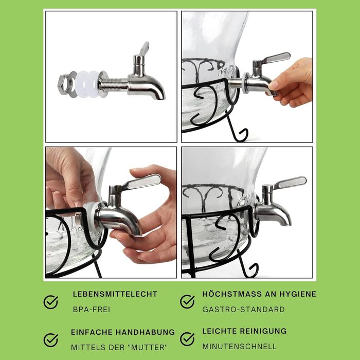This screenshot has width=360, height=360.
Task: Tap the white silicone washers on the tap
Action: click(88, 84)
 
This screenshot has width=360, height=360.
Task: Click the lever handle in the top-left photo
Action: click(144, 48)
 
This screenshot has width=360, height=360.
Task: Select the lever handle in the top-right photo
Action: click(276, 58)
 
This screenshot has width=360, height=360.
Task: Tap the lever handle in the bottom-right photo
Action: click(290, 183)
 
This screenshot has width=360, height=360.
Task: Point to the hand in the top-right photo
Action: click(291, 83)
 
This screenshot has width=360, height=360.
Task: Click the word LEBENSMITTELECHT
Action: click(115, 294)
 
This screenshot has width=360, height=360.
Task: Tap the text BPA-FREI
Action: click(92, 310)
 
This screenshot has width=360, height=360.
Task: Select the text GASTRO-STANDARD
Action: click(243, 310)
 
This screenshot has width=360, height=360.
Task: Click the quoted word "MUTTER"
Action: click(148, 347)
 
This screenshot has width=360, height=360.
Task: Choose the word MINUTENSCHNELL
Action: click(239, 347)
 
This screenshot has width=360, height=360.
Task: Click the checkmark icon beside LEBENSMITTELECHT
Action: click(51, 302)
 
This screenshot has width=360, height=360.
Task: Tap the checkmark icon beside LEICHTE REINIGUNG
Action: click(187, 339)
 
